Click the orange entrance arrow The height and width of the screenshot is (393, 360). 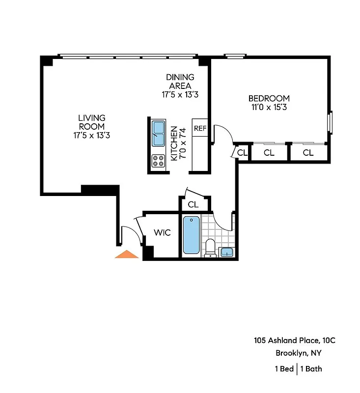(127, 254)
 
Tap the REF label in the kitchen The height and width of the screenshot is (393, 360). (200, 129)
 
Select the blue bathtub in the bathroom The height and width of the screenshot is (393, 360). (192, 235)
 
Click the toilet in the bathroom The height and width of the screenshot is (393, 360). (211, 247)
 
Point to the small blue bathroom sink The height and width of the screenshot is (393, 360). (226, 253)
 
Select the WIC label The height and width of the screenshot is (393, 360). (162, 232)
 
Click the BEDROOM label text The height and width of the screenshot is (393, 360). (269, 98)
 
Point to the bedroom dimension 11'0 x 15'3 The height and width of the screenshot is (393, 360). (269, 107)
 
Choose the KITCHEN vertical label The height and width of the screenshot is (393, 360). (173, 143)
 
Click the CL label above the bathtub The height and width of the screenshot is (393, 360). (193, 204)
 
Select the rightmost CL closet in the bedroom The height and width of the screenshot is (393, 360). (308, 153)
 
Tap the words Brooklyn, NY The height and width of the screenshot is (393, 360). (299, 353)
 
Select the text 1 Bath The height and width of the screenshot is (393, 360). (311, 368)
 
